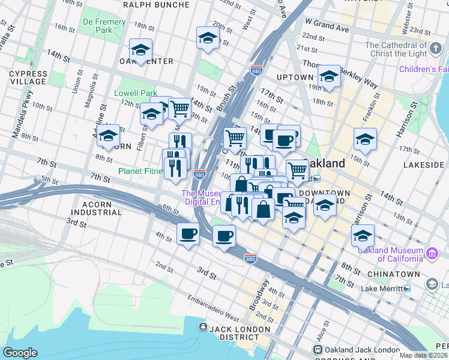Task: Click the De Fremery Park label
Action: coord(104,26)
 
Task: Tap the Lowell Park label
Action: coord(135,94)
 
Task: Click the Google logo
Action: coord(20,353)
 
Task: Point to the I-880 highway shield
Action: coord(252,258)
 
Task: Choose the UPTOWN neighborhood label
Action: coord(295,77)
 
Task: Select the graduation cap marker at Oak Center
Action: coord(140,50)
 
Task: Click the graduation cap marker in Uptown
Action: coord(328,77)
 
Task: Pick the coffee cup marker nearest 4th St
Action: coord(188,234)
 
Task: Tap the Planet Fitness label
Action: coord(140,171)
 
